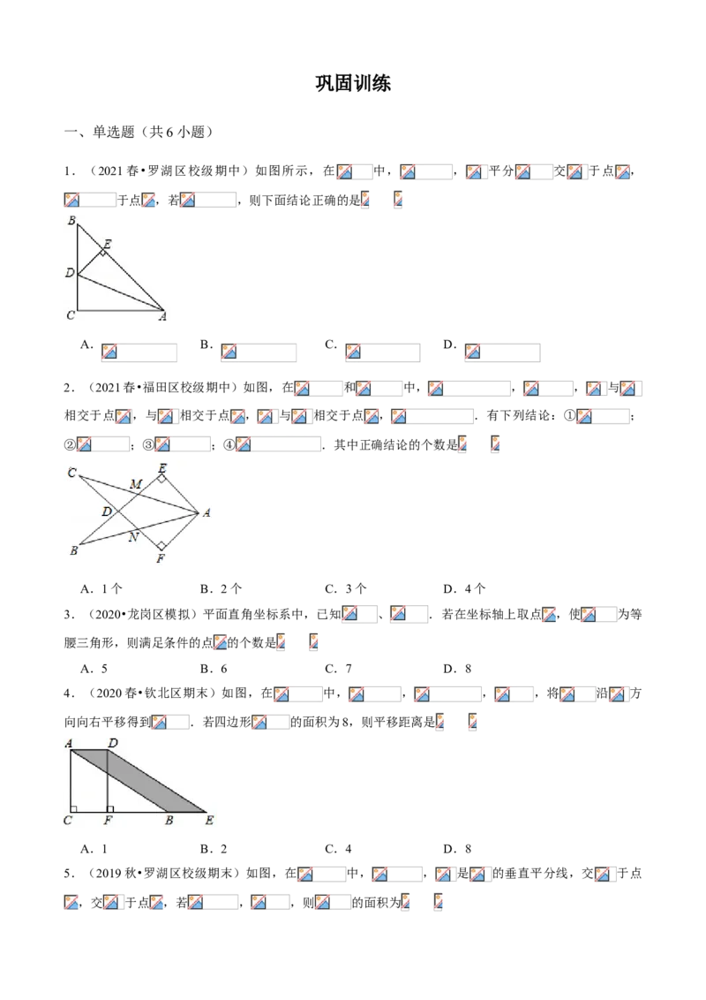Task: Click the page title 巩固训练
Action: tap(353, 84)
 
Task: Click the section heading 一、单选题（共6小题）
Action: tap(139, 132)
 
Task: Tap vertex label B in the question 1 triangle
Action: tap(72, 221)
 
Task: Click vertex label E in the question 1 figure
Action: tap(107, 244)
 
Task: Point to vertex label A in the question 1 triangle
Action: tap(162, 315)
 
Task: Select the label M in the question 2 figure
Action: tap(136, 484)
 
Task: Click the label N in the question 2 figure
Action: tap(133, 537)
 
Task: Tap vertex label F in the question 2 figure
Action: tap(161, 558)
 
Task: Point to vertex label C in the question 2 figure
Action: tap(71, 473)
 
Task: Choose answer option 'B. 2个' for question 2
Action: tap(221, 588)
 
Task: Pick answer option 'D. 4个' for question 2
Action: tap(464, 588)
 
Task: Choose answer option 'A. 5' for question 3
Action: tap(94, 669)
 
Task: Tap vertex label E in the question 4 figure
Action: tap(209, 820)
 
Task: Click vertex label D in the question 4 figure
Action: tap(113, 743)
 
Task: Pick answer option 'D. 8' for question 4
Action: tap(457, 849)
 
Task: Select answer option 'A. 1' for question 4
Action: tap(94, 849)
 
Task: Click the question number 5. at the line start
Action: tap(70, 873)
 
